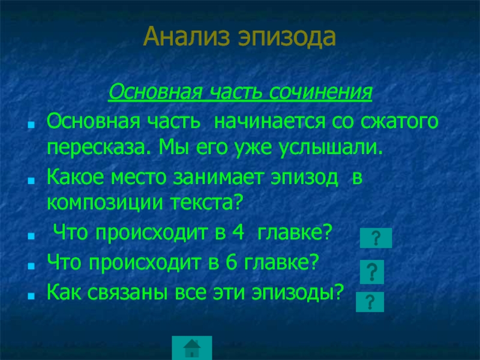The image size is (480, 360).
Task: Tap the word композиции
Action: click(97, 203)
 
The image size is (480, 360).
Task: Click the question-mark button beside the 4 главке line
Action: click(376, 238)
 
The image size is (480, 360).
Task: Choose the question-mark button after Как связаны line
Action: click(369, 301)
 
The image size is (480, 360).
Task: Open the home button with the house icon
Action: click(192, 347)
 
